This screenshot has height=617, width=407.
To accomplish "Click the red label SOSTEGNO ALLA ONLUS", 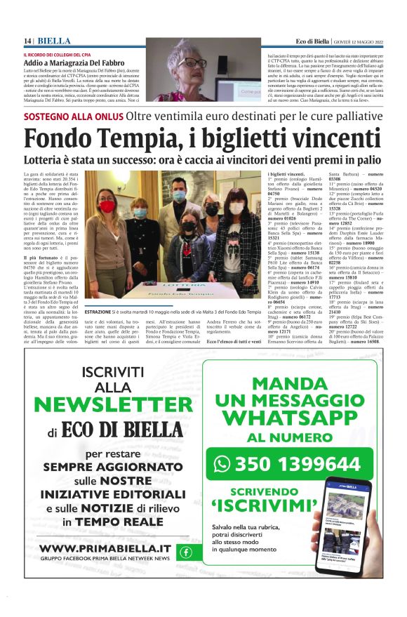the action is coord(73,117).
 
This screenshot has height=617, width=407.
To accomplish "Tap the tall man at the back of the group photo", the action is coord(179,211).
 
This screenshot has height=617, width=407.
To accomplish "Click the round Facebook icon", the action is coord(186,552).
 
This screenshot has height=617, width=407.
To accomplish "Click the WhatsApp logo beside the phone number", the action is coord(222,463).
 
